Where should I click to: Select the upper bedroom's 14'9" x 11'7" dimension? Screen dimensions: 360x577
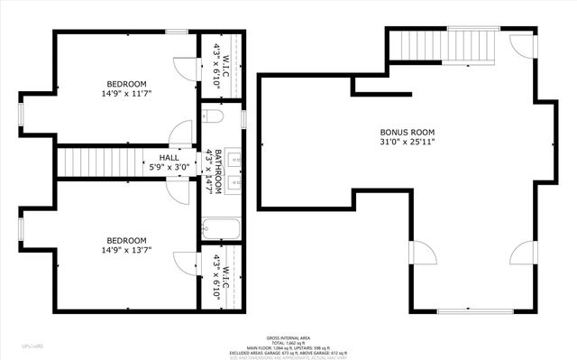coord(126,93)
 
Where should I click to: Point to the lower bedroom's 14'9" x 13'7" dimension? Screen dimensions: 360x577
coord(126,250)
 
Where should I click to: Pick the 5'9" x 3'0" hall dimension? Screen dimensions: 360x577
coord(169,168)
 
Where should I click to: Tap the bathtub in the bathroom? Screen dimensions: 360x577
coord(219,230)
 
